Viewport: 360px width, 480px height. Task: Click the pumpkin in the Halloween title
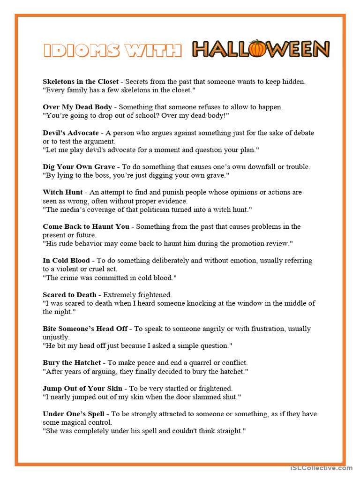coord(257,49)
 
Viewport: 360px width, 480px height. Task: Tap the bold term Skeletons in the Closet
coord(81,82)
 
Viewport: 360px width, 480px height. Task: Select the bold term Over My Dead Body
coord(77,107)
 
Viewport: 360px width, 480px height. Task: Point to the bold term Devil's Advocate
coord(71,133)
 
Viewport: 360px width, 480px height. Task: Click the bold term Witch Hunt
coord(63,192)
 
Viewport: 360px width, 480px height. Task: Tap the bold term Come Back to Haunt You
coord(86,226)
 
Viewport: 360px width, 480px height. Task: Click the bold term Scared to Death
coord(69,295)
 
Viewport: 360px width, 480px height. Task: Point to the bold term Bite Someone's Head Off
coord(85,329)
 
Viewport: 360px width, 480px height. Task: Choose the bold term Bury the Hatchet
coord(72,363)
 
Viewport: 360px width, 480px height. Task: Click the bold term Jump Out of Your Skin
coord(82,388)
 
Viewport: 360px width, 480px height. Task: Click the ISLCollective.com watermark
coord(321,468)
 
